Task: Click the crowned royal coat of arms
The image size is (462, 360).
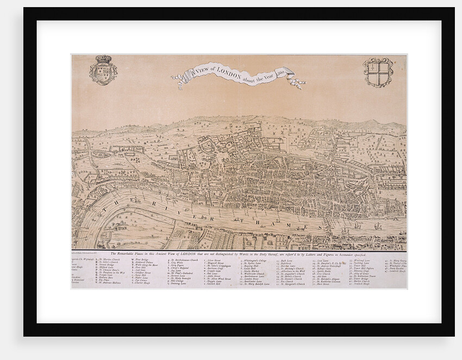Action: point(103,70)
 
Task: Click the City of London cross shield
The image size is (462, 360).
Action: point(378,72)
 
